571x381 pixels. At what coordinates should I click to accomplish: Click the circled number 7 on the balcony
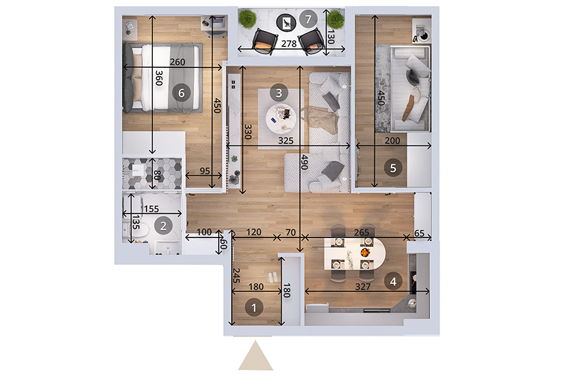(x=308, y=19)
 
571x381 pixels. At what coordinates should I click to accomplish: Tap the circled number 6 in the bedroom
(x=181, y=93)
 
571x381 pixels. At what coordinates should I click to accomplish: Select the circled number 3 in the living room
(x=279, y=93)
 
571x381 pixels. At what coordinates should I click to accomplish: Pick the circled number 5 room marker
(x=393, y=168)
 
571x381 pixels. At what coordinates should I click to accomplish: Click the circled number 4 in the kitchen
(x=393, y=281)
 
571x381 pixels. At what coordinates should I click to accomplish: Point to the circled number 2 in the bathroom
(x=163, y=225)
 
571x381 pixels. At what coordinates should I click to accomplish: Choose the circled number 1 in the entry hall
(x=254, y=308)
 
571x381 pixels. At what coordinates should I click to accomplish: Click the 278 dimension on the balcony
(x=289, y=44)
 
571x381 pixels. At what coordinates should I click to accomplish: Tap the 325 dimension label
(x=285, y=140)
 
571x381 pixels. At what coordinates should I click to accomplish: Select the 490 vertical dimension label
(x=305, y=163)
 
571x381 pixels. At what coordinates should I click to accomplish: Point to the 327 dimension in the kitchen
(x=363, y=287)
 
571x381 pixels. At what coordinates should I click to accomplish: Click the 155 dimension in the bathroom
(x=151, y=209)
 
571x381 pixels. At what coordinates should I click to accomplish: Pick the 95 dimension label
(x=205, y=171)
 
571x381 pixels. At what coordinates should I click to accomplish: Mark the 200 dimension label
(x=392, y=140)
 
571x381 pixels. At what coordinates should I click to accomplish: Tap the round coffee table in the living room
(x=281, y=119)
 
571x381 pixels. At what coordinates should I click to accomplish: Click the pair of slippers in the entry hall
(x=272, y=277)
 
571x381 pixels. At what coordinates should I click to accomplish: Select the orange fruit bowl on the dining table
(x=365, y=252)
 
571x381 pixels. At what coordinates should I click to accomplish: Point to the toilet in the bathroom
(x=140, y=230)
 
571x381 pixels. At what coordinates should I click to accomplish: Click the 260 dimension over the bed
(x=178, y=62)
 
